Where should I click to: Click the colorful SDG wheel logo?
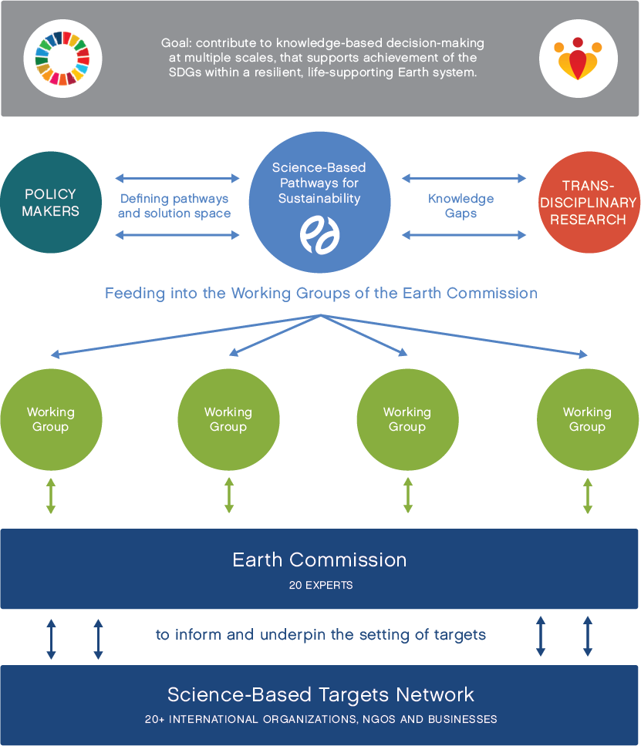pyautogui.click(x=62, y=58)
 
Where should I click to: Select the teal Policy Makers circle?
pyautogui.click(x=51, y=203)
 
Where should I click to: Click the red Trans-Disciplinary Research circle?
pyautogui.click(x=589, y=203)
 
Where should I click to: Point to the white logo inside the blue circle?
pyautogui.click(x=319, y=234)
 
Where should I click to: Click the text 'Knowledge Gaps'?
pyautogui.click(x=461, y=206)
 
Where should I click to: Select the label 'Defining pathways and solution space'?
pyautogui.click(x=174, y=206)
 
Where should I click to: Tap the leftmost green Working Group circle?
pyautogui.click(x=51, y=419)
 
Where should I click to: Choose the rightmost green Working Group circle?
pyautogui.click(x=587, y=419)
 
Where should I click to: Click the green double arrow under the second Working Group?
pyautogui.click(x=229, y=496)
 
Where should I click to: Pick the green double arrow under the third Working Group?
pyautogui.click(x=408, y=496)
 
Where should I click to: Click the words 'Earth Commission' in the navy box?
pyautogui.click(x=319, y=559)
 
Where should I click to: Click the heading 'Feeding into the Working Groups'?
pyautogui.click(x=321, y=294)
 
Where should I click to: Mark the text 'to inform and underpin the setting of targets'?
pyautogui.click(x=321, y=635)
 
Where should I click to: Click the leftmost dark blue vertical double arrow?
pyautogui.click(x=51, y=638)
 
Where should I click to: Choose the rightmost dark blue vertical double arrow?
pyautogui.click(x=588, y=636)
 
